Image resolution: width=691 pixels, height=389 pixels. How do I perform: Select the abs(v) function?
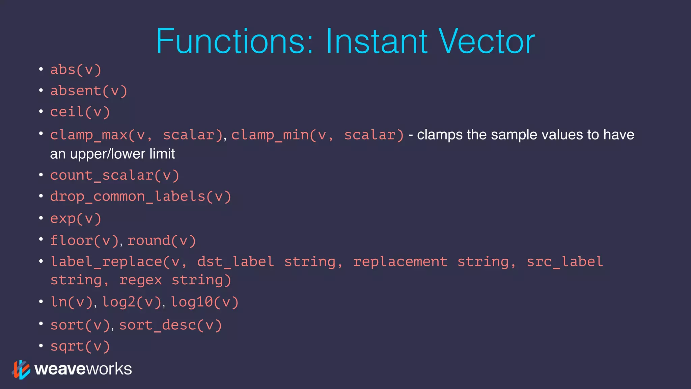pyautogui.click(x=76, y=70)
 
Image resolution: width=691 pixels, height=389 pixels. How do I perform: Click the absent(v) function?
pyautogui.click(x=89, y=91)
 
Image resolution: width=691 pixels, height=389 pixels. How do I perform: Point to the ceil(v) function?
pyautogui.click(x=80, y=112)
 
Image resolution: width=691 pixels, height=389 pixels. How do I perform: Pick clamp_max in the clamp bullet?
pyautogui.click(x=88, y=135)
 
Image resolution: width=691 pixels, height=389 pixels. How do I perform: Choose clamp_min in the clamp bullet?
pyautogui.click(x=270, y=135)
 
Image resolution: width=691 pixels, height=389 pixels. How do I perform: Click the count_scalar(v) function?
pyautogui.click(x=115, y=176)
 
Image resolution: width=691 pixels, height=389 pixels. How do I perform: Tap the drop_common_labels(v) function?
pyautogui.click(x=141, y=197)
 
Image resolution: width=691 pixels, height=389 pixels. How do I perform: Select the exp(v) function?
pyautogui.click(x=76, y=219)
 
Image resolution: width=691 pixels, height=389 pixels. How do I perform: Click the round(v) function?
pyautogui.click(x=162, y=241)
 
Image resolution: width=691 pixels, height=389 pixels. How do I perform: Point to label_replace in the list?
pyautogui.click(x=106, y=262)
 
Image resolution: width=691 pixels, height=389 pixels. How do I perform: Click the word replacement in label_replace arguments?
pyautogui.click(x=400, y=262)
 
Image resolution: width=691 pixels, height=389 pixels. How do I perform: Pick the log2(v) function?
pyautogui.click(x=132, y=302)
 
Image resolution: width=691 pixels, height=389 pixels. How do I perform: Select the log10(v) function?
pyautogui.click(x=205, y=302)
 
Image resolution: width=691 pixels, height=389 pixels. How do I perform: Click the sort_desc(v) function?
pyautogui.click(x=170, y=325)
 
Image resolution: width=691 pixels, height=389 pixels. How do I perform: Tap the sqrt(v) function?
pyautogui.click(x=80, y=346)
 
